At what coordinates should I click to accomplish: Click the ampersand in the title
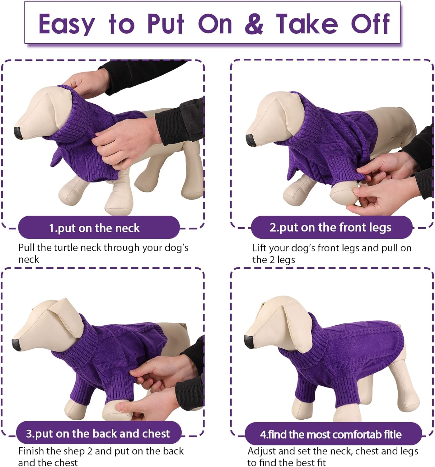pos(254,24)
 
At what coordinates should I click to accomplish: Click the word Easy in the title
pos(67,24)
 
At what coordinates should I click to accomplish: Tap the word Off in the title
pos(370,24)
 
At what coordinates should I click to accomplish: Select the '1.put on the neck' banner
pos(99,228)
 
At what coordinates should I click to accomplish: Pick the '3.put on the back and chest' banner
pos(98,433)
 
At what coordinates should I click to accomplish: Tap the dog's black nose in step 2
pos(251,140)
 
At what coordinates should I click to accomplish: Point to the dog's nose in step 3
pos(16,345)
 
